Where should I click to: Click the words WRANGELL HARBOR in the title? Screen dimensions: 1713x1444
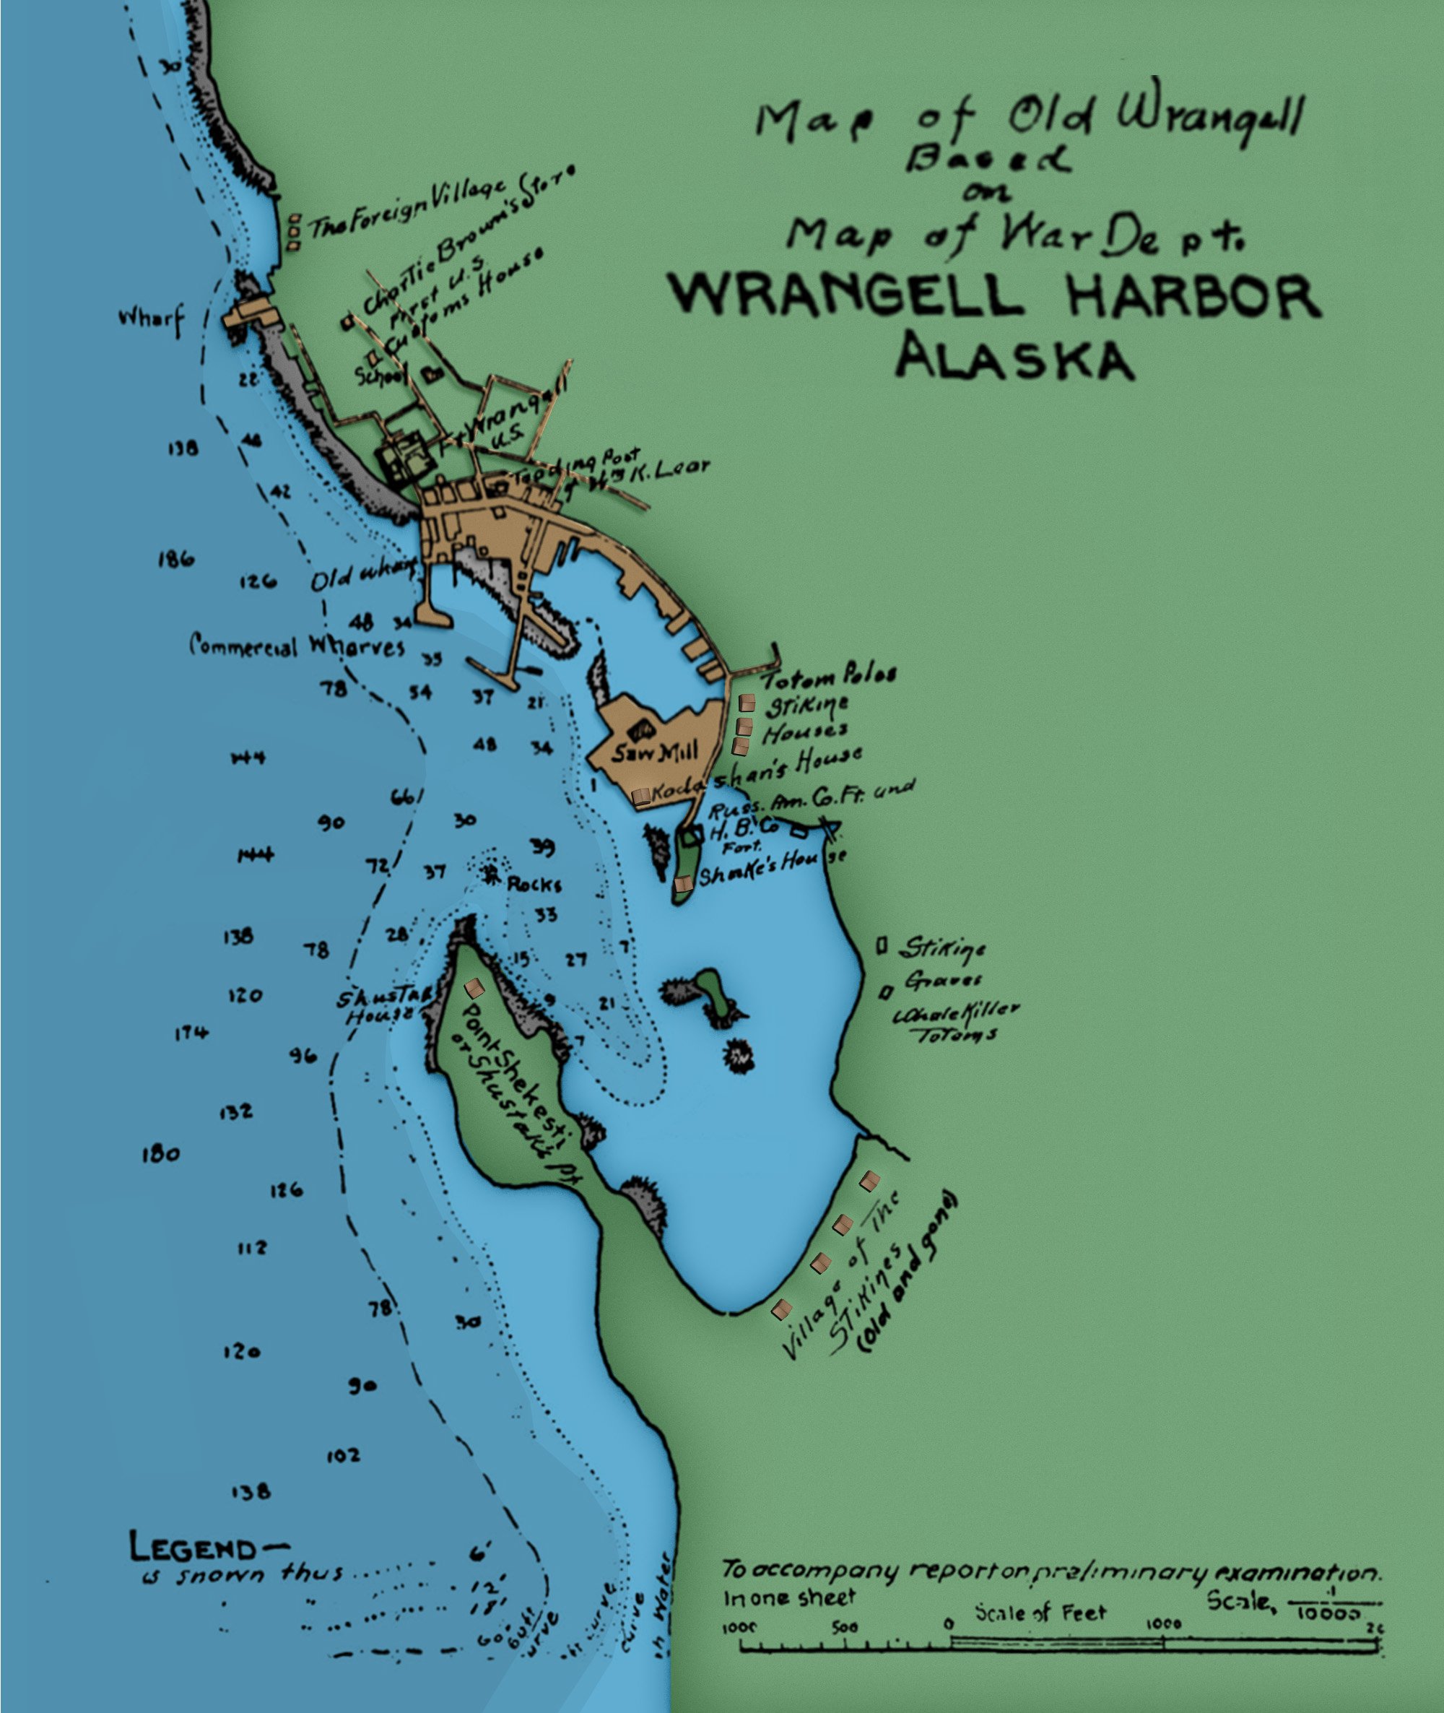995,296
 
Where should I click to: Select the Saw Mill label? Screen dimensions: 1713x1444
655,751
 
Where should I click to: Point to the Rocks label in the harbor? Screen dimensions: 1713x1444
534,885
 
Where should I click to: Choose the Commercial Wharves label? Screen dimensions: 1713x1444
296,646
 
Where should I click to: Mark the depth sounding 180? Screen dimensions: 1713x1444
160,1155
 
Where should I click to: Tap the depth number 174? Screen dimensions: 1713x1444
191,1033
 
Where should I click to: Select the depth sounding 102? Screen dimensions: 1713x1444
343,1455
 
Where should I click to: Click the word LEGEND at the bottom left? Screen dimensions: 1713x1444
193,1548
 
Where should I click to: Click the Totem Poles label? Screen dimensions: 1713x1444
830,677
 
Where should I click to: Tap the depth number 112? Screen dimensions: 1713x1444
252,1248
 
